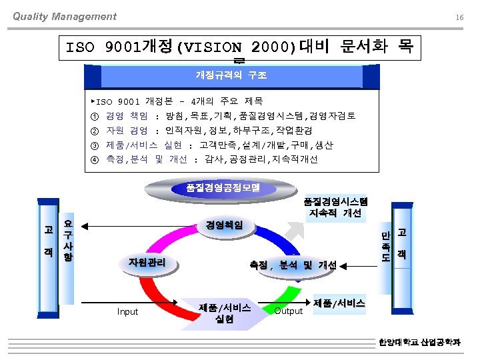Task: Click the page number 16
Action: click(x=459, y=17)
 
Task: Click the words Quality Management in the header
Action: click(x=65, y=17)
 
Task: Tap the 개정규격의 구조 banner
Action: click(x=230, y=75)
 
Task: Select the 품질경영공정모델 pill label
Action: click(x=223, y=187)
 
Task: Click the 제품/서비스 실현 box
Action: click(x=225, y=313)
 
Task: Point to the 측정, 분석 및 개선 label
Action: click(x=293, y=264)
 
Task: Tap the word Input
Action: click(x=127, y=311)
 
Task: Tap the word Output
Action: click(x=289, y=311)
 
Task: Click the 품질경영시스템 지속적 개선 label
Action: click(x=335, y=207)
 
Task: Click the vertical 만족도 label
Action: click(x=386, y=247)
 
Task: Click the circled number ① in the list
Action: click(x=93, y=116)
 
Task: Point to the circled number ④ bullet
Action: click(x=93, y=159)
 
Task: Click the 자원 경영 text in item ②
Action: click(x=127, y=131)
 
